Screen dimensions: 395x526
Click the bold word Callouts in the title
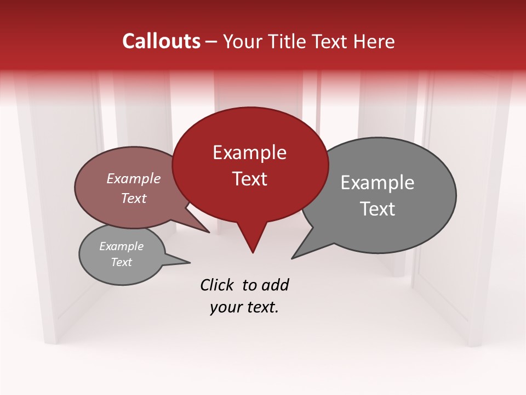(x=161, y=41)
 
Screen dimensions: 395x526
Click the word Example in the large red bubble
(x=249, y=153)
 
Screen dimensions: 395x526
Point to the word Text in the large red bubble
(x=249, y=179)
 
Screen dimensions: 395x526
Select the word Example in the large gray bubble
(x=377, y=183)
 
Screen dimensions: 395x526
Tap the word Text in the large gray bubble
(x=377, y=209)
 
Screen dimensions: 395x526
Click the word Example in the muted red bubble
(x=133, y=178)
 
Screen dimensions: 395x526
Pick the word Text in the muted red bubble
(x=133, y=198)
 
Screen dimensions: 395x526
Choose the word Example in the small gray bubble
(x=121, y=246)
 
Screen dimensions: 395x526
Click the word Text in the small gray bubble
(x=121, y=262)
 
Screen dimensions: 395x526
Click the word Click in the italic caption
(x=218, y=285)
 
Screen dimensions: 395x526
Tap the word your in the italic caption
(x=226, y=307)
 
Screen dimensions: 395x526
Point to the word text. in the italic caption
(x=261, y=307)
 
